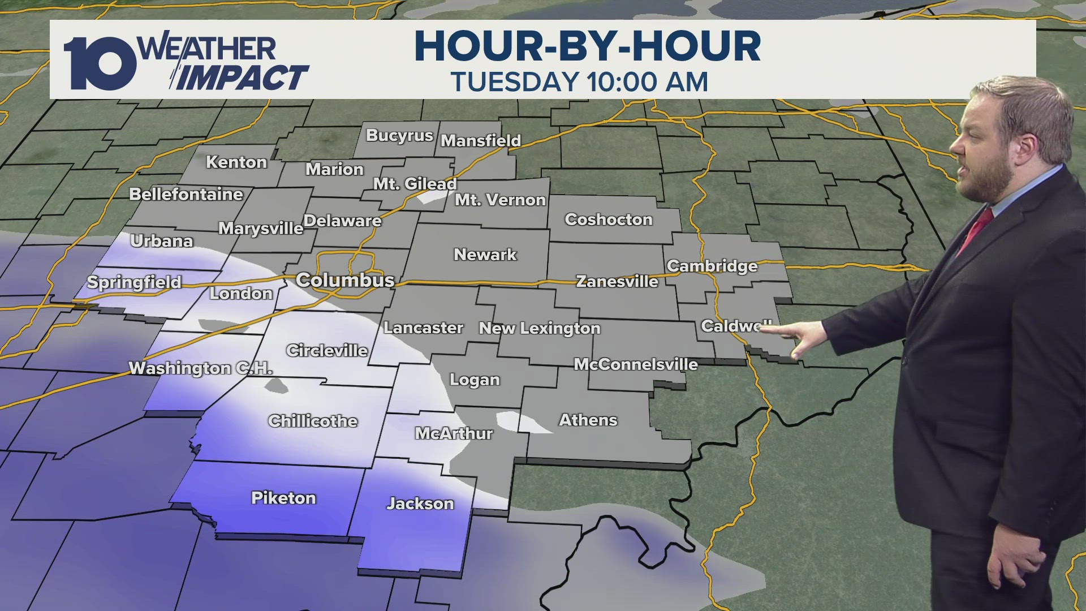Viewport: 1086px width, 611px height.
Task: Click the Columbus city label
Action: pyautogui.click(x=345, y=280)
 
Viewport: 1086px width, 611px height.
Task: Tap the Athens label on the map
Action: pyautogui.click(x=588, y=420)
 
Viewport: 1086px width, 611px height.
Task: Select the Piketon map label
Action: pyautogui.click(x=283, y=498)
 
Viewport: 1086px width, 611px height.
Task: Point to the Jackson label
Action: pyautogui.click(x=420, y=504)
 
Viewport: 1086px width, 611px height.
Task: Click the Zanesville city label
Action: pyautogui.click(x=617, y=281)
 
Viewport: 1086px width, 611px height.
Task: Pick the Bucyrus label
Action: pyautogui.click(x=399, y=136)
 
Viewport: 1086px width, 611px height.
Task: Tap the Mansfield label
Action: pyautogui.click(x=481, y=140)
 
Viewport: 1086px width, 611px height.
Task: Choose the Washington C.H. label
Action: pyautogui.click(x=201, y=368)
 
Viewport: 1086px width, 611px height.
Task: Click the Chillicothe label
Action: pyautogui.click(x=313, y=421)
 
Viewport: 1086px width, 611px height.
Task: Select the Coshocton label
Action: pyautogui.click(x=609, y=220)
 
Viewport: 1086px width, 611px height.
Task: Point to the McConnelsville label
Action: pyautogui.click(x=636, y=364)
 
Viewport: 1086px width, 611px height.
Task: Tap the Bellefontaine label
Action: pyautogui.click(x=186, y=194)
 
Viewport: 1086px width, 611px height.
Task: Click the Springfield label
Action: pyautogui.click(x=134, y=282)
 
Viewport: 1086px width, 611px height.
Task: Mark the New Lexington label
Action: pyautogui.click(x=540, y=328)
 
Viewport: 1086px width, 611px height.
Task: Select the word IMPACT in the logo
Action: pyautogui.click(x=243, y=78)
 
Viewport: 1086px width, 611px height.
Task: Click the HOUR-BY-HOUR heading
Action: pyautogui.click(x=587, y=46)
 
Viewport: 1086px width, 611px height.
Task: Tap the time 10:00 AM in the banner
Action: pyautogui.click(x=647, y=82)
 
